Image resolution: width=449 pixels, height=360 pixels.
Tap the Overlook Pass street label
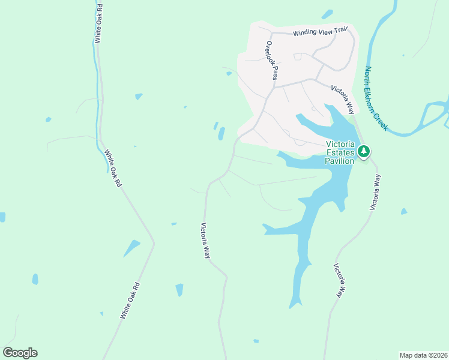pyautogui.click(x=273, y=60)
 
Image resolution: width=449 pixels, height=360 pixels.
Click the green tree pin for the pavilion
pyautogui.click(x=364, y=152)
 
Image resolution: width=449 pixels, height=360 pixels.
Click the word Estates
pyautogui.click(x=340, y=152)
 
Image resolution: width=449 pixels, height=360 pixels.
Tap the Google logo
pyautogui.click(x=20, y=353)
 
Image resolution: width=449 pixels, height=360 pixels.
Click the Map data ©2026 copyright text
pyautogui.click(x=423, y=355)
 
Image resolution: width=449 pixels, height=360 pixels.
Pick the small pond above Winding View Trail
pyautogui.click(x=327, y=14)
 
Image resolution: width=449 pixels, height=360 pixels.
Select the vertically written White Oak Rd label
pyautogui.click(x=98, y=23)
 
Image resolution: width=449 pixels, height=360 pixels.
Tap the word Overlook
pyautogui.click(x=270, y=52)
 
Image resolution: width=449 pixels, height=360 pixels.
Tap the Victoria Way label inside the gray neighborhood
pyautogui.click(x=343, y=98)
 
